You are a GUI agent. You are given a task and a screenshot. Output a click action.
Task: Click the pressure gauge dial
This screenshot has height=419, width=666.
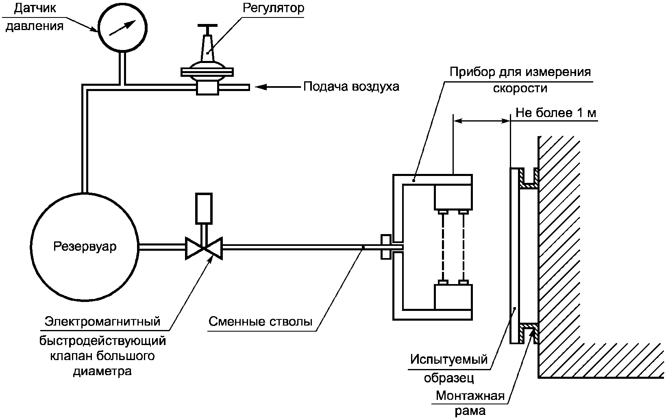(x=122, y=28)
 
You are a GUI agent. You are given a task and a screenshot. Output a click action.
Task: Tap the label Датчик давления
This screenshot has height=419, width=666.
(x=35, y=17)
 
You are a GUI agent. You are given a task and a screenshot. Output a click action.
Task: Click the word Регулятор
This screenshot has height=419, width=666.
(x=273, y=8)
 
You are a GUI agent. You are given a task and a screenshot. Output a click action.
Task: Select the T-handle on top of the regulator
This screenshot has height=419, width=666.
(x=207, y=27)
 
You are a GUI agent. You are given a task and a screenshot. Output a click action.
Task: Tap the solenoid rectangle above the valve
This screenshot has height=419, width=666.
(x=204, y=208)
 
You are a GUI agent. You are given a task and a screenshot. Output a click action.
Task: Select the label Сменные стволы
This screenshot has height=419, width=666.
(x=261, y=321)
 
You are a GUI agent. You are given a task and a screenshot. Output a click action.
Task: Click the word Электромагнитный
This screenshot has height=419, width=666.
(x=102, y=321)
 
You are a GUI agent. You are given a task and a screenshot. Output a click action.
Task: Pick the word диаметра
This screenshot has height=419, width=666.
(x=102, y=371)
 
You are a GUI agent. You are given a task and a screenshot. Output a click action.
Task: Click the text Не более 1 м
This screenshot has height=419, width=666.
(x=555, y=113)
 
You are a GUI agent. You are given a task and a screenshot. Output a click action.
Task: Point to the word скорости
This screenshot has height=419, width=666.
(x=520, y=88)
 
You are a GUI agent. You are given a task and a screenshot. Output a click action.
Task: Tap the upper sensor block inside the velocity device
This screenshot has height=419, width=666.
(x=453, y=197)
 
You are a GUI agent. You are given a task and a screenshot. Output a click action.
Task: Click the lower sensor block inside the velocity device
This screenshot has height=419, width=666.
(x=453, y=297)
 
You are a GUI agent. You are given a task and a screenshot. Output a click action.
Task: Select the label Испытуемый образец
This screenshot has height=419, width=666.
(x=449, y=368)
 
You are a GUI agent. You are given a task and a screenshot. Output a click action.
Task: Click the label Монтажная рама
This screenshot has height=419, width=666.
(x=470, y=403)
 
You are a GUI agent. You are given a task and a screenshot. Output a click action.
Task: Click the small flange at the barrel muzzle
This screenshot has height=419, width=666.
(x=386, y=247)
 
